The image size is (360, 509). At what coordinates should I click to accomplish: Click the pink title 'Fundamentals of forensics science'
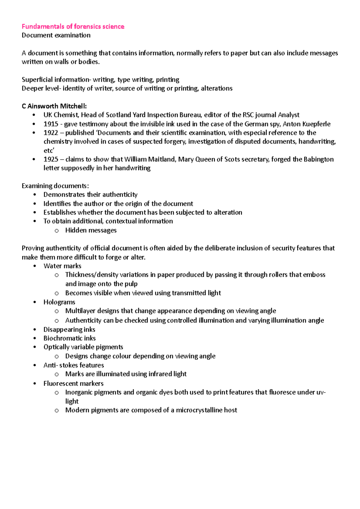[x=73, y=26]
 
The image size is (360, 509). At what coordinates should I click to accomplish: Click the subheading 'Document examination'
[x=56, y=35]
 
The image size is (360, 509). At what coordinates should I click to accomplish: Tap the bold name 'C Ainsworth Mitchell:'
[x=54, y=106]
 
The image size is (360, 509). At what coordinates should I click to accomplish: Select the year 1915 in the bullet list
[x=51, y=124]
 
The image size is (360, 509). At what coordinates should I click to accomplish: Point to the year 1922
[x=51, y=133]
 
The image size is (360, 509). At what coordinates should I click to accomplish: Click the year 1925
[x=51, y=159]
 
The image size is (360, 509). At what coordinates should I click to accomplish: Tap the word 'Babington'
[x=318, y=159]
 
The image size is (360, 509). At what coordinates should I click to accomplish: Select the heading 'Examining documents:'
[x=55, y=186]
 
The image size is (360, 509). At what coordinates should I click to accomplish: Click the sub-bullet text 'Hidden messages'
[x=91, y=230]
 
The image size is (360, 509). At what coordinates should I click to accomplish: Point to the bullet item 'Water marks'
[x=62, y=266]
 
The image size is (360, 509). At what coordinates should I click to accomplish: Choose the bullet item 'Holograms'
[x=59, y=302]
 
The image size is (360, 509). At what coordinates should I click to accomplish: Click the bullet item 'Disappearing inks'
[x=69, y=329]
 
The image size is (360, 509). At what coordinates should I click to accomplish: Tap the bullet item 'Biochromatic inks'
[x=70, y=338]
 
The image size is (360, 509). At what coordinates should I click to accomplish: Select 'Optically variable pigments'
[x=83, y=347]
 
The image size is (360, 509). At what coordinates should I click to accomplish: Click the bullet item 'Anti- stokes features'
[x=74, y=365]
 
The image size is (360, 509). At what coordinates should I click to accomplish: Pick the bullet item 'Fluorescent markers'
[x=73, y=383]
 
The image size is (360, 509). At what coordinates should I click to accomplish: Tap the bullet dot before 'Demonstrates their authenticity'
[x=35, y=195]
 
